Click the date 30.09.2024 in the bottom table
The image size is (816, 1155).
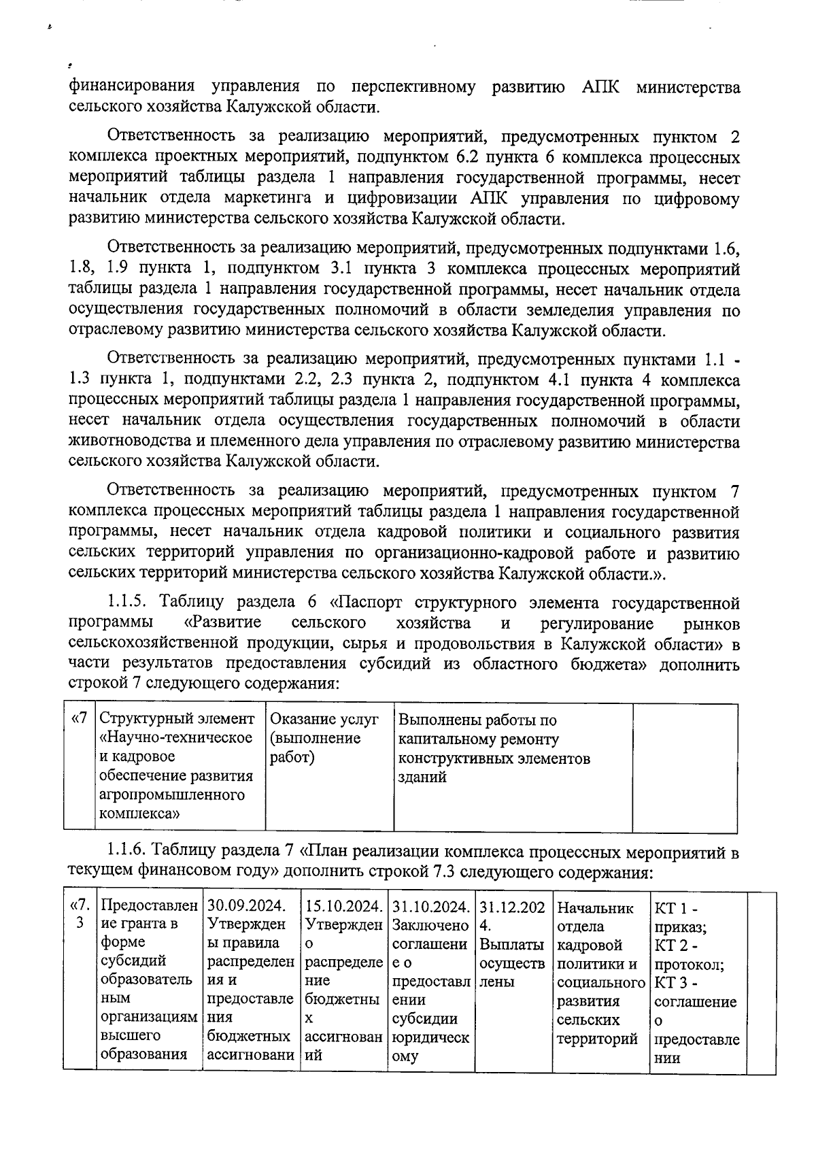[245, 906]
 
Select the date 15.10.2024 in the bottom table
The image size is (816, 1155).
[343, 906]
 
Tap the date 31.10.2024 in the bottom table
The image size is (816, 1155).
[431, 906]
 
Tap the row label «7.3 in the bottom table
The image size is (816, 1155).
[79, 915]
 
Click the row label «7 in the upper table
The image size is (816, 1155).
[79, 719]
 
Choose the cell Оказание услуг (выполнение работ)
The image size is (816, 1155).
[324, 738]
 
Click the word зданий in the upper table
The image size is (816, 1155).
[422, 777]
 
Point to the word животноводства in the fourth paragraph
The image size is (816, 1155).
[129, 441]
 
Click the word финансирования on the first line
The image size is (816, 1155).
[132, 87]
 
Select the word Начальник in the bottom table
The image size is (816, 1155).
[595, 907]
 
